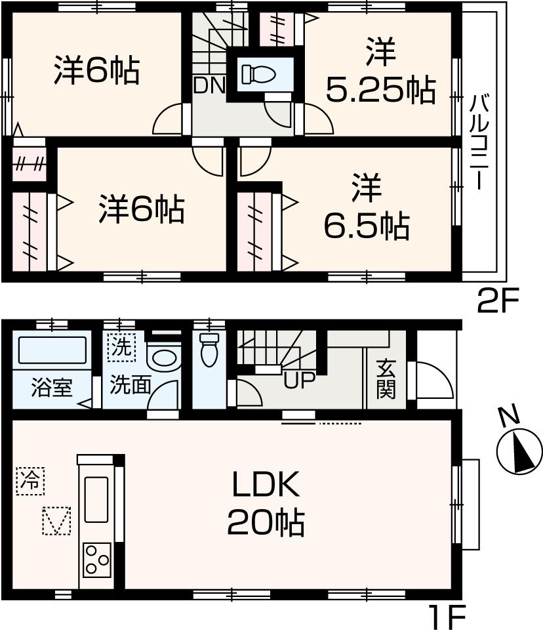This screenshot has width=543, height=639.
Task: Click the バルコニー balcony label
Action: tap(479, 142)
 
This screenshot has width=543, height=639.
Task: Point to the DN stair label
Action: tap(209, 86)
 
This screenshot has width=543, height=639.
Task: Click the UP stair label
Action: tap(299, 381)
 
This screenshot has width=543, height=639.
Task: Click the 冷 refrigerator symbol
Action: tap(30, 480)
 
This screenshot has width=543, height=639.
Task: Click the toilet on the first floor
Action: tap(209, 349)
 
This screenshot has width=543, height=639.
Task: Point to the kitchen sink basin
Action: tap(97, 496)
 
